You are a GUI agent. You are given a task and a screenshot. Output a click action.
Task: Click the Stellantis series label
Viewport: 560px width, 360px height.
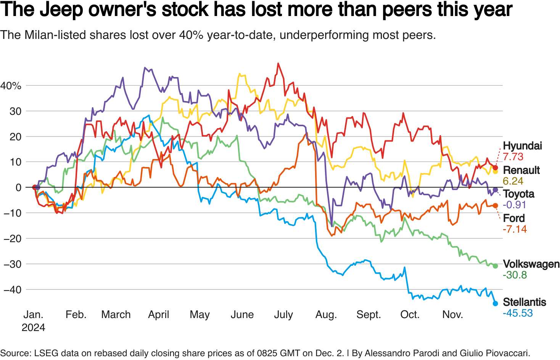point(524,302)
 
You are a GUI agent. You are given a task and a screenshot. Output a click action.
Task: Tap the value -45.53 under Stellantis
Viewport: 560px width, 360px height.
point(518,313)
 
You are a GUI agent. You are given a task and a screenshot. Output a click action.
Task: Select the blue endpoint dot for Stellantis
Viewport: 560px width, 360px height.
point(495,303)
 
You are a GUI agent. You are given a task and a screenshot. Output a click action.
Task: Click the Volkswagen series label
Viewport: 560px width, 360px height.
point(531,264)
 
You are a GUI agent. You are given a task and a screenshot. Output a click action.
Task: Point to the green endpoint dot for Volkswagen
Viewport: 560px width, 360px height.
point(495,266)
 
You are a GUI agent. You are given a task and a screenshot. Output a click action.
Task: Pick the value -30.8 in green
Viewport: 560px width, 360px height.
point(515,275)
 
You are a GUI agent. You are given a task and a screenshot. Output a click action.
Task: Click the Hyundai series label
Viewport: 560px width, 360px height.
point(522,146)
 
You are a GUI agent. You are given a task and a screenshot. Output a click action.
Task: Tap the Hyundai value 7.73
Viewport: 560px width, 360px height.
point(513,157)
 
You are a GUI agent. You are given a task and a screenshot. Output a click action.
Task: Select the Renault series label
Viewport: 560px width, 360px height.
point(521,170)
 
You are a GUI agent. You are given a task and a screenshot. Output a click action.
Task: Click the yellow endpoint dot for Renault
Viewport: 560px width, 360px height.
point(495,171)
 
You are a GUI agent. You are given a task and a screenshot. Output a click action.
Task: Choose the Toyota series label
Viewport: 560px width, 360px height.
point(518,194)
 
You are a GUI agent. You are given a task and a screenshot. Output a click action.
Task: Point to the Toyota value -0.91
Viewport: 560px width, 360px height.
point(514,205)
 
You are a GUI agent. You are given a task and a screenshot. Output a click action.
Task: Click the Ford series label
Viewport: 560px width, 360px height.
point(513,218)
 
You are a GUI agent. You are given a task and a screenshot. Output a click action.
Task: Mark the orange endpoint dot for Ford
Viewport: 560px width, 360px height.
point(495,206)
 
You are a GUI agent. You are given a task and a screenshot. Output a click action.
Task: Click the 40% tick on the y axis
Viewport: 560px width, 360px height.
point(11,86)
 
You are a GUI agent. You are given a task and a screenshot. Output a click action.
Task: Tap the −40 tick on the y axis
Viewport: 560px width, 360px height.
point(12,289)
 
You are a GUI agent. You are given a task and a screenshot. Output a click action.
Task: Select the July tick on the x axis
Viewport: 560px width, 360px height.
point(283,315)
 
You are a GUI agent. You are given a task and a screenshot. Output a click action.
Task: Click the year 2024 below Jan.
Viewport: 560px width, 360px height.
point(33,328)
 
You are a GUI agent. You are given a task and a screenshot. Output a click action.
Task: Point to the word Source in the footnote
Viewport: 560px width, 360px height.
point(14,353)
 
